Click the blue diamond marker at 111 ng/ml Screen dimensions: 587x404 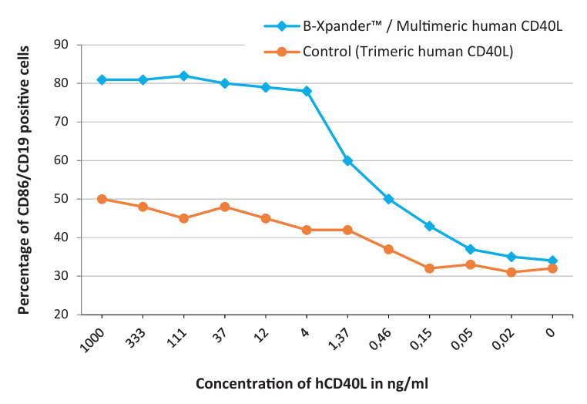tap(183, 76)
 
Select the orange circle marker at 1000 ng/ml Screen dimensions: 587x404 tap(102, 199)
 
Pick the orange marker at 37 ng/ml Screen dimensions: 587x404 tap(225, 207)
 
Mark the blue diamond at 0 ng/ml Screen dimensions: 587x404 tap(552, 261)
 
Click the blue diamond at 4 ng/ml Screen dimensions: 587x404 tap(307, 92)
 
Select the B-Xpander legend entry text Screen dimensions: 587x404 tap(432, 26)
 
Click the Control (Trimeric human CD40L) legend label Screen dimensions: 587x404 tap(408, 52)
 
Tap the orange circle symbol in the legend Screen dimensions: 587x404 tap(282, 52)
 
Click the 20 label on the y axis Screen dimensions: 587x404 tap(61, 315)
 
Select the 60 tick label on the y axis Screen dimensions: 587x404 tap(61, 160)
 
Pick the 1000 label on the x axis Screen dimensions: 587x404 tap(92, 340)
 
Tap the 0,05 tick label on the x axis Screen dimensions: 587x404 tap(461, 338)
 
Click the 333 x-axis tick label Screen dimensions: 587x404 tap(136, 338)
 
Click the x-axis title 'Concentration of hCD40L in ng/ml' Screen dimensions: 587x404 tap(312, 384)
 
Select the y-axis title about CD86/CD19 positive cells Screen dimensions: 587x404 tap(24, 180)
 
